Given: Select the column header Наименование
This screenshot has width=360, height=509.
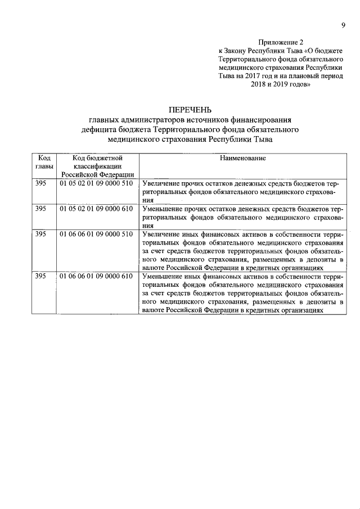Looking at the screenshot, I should coord(243,159).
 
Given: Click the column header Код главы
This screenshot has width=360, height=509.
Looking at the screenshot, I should coord(44,163).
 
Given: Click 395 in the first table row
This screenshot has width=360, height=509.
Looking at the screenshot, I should coord(40,184).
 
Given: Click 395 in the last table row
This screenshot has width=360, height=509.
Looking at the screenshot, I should coord(40,276).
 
